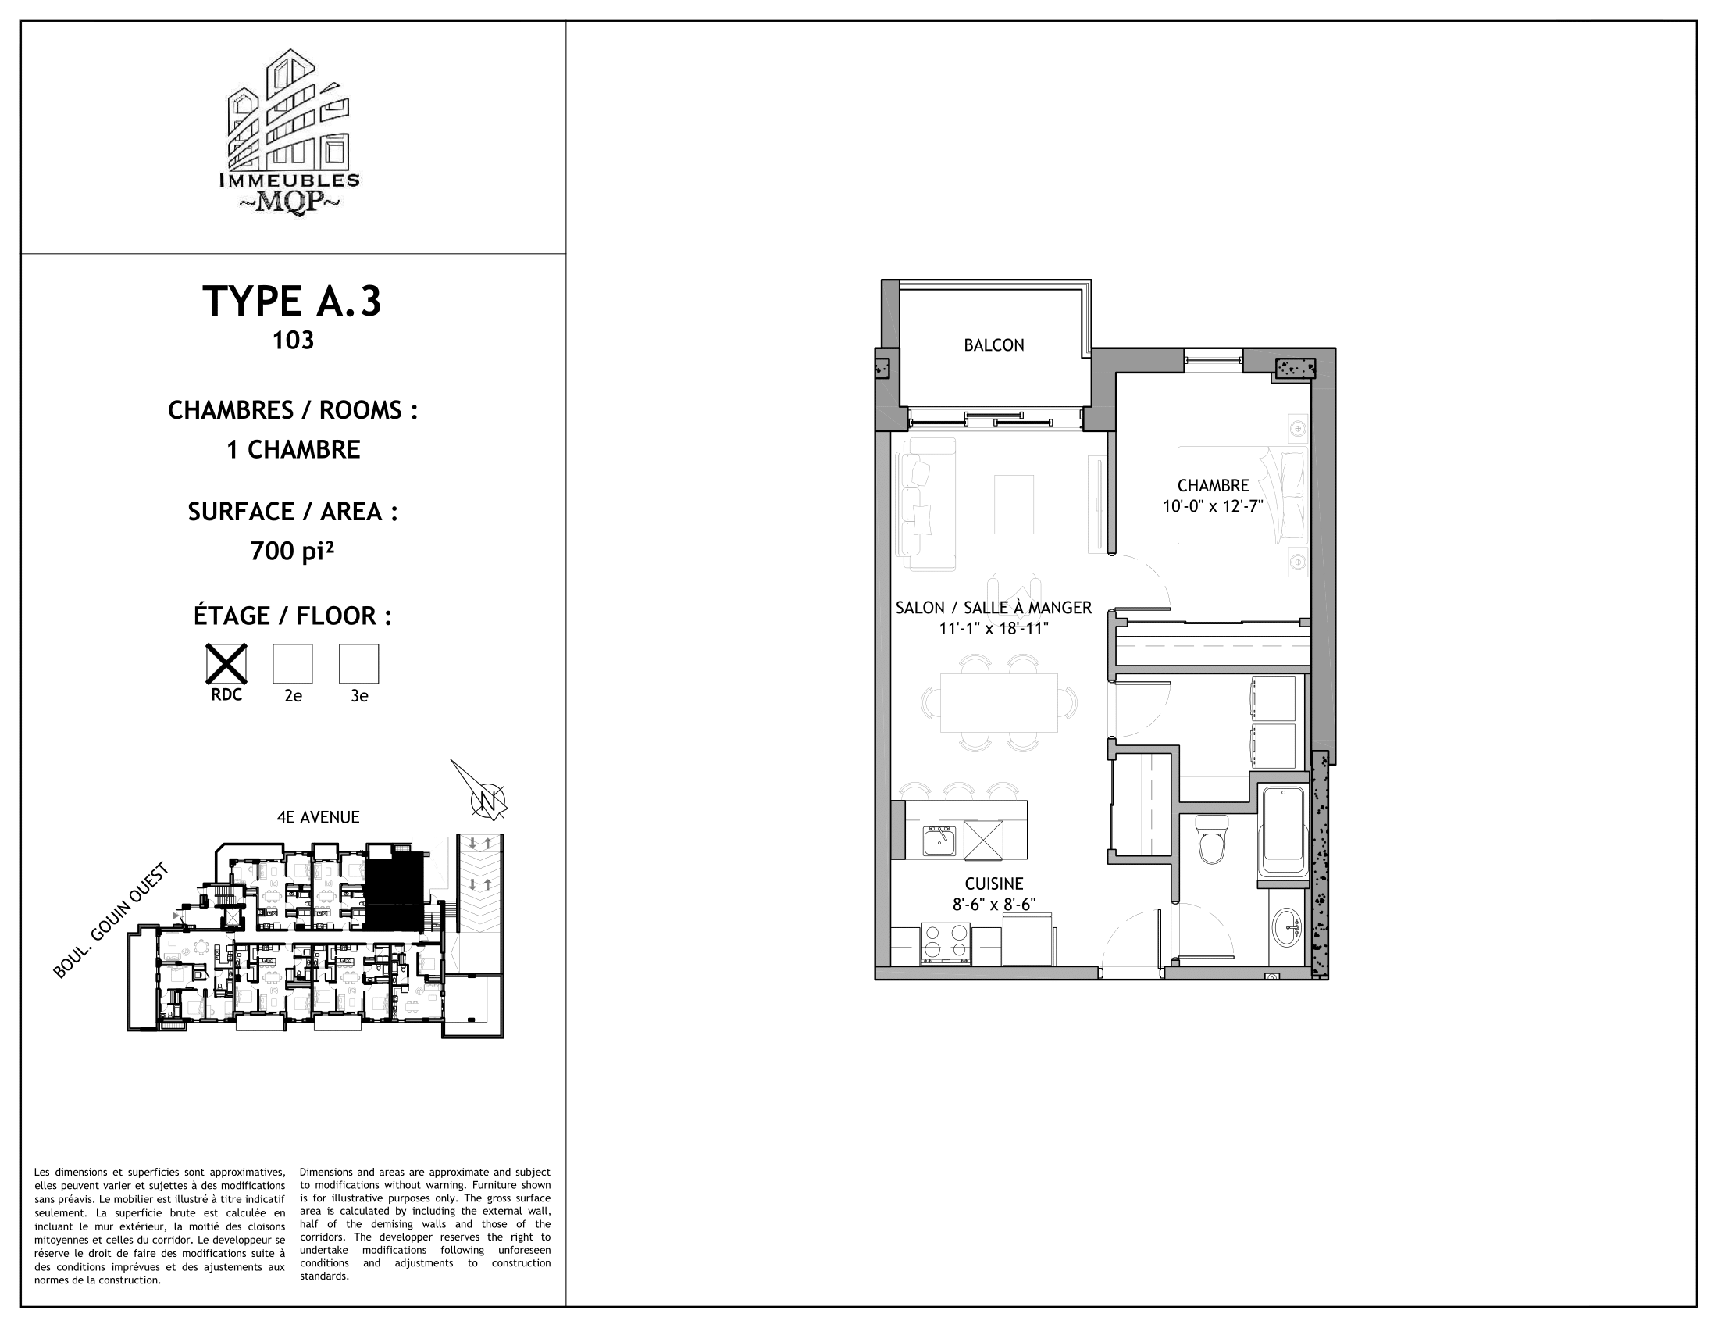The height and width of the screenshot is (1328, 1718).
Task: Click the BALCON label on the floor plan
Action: tap(993, 345)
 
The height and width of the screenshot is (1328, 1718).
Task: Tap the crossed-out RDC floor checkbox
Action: tap(226, 663)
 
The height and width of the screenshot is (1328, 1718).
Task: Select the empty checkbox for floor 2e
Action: tap(293, 663)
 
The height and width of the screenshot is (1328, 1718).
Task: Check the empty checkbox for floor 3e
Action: tap(358, 663)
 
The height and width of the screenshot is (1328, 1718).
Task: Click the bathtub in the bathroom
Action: tap(1284, 831)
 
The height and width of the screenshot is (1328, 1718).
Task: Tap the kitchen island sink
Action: tap(939, 841)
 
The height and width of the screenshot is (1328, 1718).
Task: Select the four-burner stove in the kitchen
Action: tap(946, 943)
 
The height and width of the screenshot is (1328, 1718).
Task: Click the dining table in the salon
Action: tap(999, 701)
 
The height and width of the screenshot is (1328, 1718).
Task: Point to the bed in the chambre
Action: tap(1242, 494)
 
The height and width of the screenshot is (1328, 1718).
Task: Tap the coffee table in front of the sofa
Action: tap(1013, 505)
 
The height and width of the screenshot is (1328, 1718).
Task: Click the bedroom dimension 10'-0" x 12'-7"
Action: tap(1212, 507)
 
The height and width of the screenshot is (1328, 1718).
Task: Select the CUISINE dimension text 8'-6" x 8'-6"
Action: tap(993, 905)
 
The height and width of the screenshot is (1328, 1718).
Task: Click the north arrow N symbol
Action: tap(487, 801)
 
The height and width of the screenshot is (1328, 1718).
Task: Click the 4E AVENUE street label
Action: tap(318, 817)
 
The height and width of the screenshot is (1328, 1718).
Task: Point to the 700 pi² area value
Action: tap(293, 552)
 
